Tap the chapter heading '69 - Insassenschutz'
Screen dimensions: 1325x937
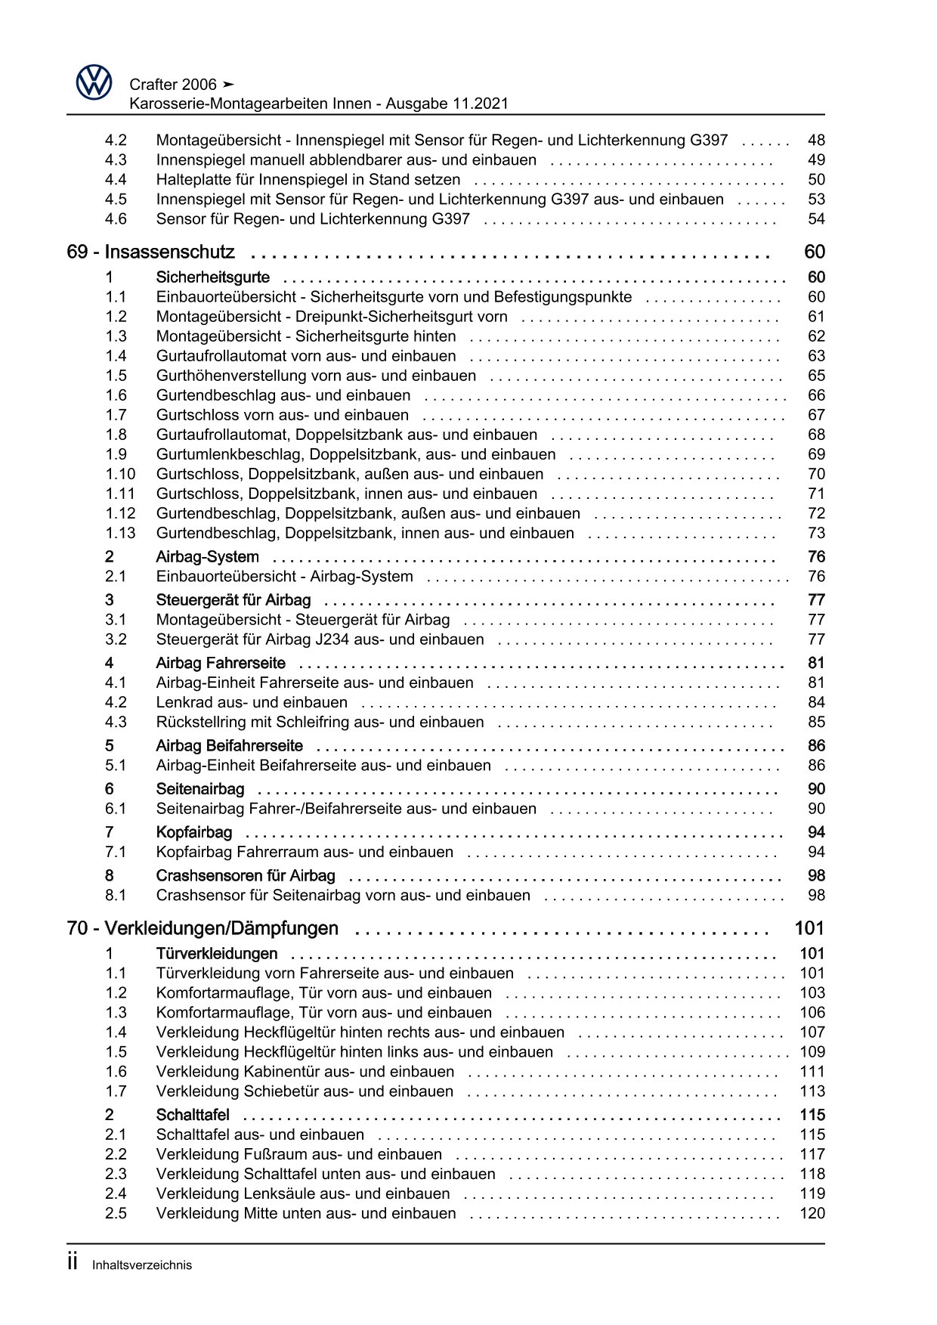(151, 252)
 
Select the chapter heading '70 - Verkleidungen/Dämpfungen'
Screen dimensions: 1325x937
(203, 928)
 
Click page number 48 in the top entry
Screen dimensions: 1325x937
(816, 140)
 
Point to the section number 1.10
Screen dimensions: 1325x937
(120, 474)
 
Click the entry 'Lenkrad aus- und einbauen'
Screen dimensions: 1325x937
(252, 702)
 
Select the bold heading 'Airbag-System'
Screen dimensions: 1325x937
(207, 557)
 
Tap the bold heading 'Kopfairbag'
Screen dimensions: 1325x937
(193, 832)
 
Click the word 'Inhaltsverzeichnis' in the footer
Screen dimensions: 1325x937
(142, 1265)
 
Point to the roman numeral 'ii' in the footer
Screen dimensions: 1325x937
(73, 1262)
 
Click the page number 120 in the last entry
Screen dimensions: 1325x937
(812, 1213)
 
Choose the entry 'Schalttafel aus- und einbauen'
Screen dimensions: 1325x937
(260, 1135)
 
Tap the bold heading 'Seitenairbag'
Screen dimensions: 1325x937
(200, 789)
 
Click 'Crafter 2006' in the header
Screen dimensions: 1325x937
(173, 85)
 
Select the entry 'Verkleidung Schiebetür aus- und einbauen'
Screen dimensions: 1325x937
(305, 1091)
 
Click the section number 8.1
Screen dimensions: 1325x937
(116, 895)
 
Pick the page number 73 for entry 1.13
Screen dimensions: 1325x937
(816, 533)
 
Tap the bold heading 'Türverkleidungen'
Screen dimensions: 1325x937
(217, 954)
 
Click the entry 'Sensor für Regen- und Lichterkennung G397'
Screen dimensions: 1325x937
(313, 219)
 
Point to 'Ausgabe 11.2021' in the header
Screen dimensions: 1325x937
(447, 104)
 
